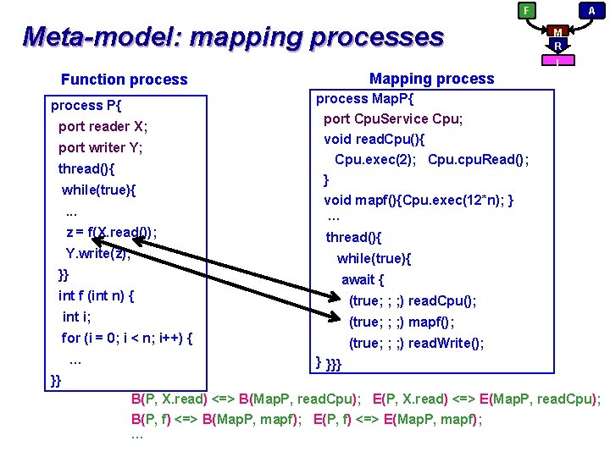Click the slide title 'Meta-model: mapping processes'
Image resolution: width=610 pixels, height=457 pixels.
(x=233, y=37)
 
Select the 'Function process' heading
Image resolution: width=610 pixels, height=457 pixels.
(x=124, y=80)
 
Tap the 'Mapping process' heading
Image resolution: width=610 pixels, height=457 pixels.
(x=431, y=79)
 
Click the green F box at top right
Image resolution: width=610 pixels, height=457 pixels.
(x=526, y=10)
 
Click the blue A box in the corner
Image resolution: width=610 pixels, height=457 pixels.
(x=591, y=10)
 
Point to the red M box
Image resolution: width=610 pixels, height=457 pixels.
(x=557, y=31)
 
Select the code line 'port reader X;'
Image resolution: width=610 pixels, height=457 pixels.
(x=103, y=127)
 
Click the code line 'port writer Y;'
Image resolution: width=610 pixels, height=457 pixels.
(x=100, y=148)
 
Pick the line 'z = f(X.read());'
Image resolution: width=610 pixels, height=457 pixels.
(x=111, y=233)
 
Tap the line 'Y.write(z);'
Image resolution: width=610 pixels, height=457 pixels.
(x=97, y=253)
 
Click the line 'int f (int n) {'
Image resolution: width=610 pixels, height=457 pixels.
(x=97, y=296)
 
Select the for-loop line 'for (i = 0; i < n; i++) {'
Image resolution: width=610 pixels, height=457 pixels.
(x=127, y=339)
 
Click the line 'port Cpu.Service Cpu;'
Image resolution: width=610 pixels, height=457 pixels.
(x=393, y=118)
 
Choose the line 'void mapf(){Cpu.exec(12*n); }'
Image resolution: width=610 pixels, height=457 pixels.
(x=419, y=201)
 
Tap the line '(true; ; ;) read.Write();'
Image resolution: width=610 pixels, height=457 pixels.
(x=417, y=343)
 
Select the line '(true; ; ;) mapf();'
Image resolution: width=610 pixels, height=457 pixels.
(x=402, y=322)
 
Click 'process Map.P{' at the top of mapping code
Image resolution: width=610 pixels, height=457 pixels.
(x=363, y=99)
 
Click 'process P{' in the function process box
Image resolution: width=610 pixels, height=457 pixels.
(x=86, y=106)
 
